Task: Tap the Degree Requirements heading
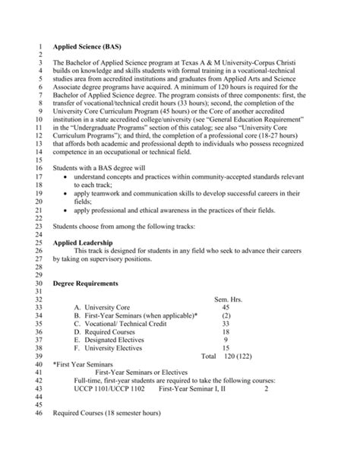(x=91, y=283)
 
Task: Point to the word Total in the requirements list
(x=209, y=358)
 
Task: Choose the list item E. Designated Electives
(x=113, y=342)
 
